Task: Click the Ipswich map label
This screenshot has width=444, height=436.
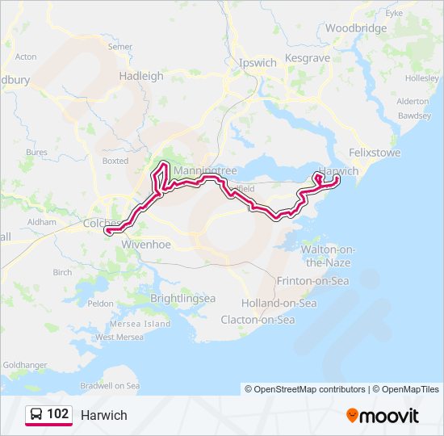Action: [x=258, y=62]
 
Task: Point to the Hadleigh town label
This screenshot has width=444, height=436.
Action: [x=140, y=76]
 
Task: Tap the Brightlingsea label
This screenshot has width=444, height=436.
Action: [x=183, y=298]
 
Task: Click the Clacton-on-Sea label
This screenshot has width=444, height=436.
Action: [x=258, y=320]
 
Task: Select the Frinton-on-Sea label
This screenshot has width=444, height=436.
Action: [x=312, y=281]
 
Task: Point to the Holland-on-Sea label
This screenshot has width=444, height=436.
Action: [x=279, y=303]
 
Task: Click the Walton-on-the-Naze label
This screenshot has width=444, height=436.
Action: [x=326, y=256]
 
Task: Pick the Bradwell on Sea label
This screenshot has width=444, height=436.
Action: [x=110, y=386]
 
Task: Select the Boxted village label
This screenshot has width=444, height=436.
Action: [x=115, y=161]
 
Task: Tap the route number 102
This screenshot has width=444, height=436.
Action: [x=57, y=414]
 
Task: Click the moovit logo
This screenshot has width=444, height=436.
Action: [x=383, y=415]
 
